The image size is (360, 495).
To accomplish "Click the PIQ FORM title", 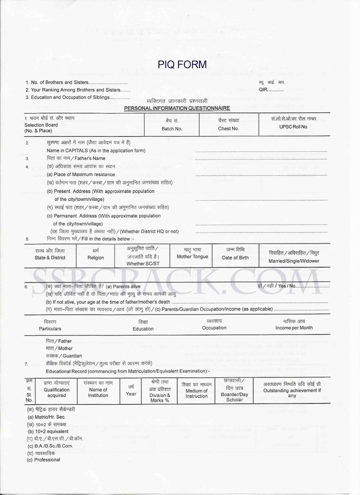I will tap(182, 64).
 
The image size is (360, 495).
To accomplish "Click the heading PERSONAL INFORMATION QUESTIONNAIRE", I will tap(177, 108).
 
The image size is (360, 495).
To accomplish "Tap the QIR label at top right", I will tap(263, 90).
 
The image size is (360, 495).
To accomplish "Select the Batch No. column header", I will tap(172, 129).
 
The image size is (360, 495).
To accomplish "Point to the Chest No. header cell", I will tap(228, 128).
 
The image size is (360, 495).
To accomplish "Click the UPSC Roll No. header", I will tap(293, 127).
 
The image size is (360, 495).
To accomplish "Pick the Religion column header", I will tap(96, 257).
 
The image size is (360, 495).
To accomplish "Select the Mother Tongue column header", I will tap(192, 256).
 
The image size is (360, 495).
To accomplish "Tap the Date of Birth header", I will tap(235, 257).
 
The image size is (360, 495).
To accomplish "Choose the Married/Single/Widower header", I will tap(294, 261).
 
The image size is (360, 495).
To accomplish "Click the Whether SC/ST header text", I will tap(143, 264).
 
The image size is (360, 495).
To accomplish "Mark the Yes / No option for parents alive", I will tap(287, 286).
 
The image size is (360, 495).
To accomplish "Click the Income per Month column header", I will tap(294, 328).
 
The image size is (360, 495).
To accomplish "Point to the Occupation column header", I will tap(214, 328).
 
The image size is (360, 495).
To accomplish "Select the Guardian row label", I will tap(64, 356).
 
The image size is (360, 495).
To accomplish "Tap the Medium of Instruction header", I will tap(197, 393).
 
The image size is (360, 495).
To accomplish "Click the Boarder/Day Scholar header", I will tap(234, 397).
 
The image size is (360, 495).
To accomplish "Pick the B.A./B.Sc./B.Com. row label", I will tap(51, 446).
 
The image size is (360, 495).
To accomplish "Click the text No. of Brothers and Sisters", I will tap(60, 82).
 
